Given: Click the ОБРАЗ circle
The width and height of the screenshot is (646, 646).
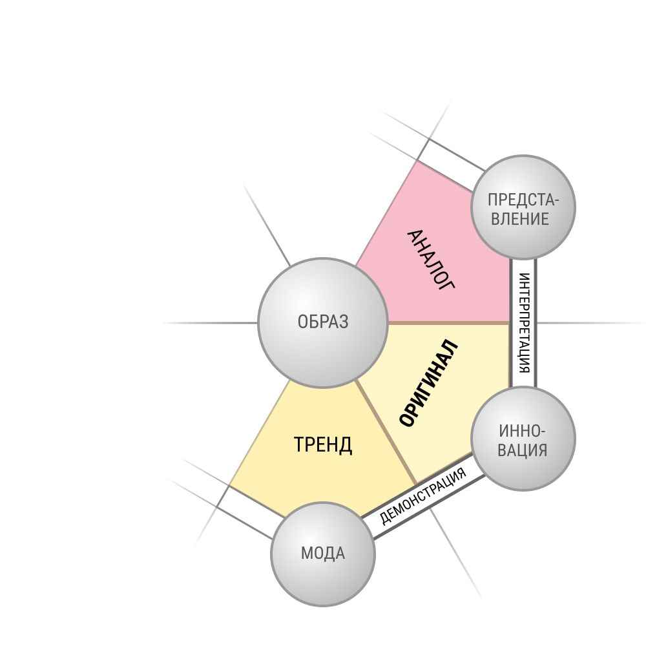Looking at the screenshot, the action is pos(322,322).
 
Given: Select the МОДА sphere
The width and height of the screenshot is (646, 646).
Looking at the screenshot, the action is pos(322,554).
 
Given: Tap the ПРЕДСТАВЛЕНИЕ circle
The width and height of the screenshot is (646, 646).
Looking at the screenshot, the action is pos(523,207).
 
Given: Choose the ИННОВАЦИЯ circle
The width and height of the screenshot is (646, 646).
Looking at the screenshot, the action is pos(523,439).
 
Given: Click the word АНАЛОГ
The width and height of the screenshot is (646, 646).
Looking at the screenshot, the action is pos(431,260).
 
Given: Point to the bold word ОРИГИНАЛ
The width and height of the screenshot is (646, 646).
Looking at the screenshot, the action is pos(428,383).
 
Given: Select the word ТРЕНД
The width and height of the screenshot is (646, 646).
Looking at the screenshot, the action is pos(322,445).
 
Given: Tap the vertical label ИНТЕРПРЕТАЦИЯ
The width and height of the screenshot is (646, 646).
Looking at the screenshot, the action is pos(523,322).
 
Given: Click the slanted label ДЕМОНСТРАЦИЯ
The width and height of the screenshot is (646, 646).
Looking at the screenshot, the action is pos(422,496).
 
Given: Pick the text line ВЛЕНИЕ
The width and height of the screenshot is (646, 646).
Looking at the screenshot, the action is pos(520,219).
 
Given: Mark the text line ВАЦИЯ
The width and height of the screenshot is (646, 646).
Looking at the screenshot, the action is pos(523,450).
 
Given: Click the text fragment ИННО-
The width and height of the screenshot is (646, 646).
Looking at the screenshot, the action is pos(522,432).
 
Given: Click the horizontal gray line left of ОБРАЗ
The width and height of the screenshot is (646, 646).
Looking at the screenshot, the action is pos(210,323).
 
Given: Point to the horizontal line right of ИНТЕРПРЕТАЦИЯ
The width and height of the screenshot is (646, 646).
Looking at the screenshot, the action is pos(590,323).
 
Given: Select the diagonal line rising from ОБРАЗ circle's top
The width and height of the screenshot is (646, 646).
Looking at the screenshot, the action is pos(267,225).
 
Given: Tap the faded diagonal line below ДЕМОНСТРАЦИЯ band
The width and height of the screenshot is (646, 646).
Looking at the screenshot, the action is pos(456,554).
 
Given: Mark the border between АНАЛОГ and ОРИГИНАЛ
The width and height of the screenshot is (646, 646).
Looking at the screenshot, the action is pos(449,322).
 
